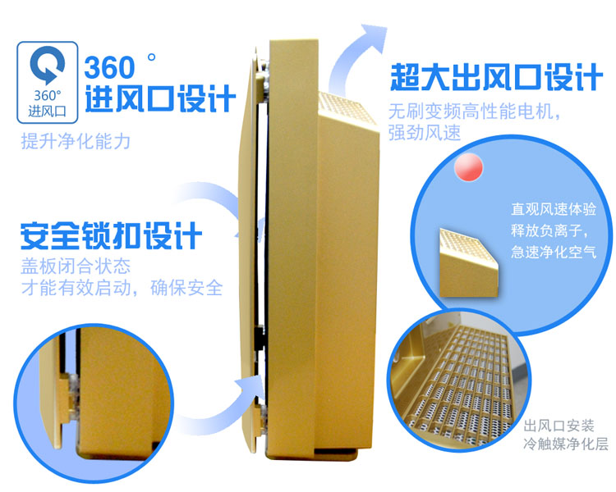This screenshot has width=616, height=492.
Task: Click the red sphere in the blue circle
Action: coord(468,166)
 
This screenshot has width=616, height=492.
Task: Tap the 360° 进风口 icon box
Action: coord(47,82)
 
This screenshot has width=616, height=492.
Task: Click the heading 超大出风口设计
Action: coord(496,77)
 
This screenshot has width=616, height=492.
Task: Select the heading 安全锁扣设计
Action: coord(111,235)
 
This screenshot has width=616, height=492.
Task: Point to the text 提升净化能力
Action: coord(76,141)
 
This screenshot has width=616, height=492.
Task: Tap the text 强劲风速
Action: coord(425,132)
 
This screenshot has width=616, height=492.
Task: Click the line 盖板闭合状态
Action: coord(76,266)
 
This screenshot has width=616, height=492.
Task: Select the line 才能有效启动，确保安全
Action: coord(122,288)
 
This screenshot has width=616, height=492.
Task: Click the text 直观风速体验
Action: coord(554,209)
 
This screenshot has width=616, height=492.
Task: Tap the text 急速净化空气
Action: coord(554,252)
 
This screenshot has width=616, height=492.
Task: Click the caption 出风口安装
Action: coord(559,426)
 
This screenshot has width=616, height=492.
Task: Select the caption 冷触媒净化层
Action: coord(566,444)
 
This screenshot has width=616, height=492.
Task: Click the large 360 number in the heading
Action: coord(109,67)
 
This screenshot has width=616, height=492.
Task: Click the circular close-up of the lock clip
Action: coord(94,404)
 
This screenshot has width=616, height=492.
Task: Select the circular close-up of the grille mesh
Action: coord(459,380)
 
